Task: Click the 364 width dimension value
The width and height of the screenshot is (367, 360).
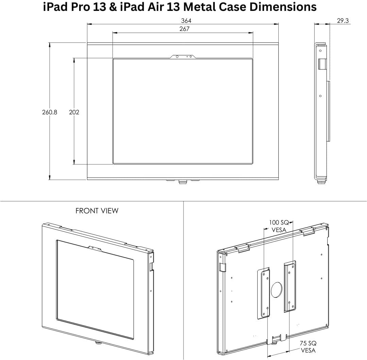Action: coord(186,21)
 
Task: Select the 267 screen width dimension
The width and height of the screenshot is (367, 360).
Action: coord(184,29)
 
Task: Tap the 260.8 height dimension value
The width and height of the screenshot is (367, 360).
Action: coord(50,112)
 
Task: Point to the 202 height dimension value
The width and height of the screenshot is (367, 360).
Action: coord(74,112)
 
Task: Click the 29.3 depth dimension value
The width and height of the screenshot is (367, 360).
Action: coord(343,21)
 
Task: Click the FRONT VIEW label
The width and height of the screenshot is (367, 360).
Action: coord(97,211)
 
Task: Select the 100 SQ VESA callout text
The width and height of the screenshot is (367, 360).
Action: coord(279,226)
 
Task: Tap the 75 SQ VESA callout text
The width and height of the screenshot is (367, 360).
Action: coord(308,347)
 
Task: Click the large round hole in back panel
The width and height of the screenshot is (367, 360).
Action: coord(276,290)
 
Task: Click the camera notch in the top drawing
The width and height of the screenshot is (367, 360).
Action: coord(184,56)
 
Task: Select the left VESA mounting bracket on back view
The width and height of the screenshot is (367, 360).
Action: coord(264,293)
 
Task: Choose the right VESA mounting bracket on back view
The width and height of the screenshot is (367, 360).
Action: coord(290,286)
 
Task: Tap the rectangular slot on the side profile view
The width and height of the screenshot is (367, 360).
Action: coord(322,64)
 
